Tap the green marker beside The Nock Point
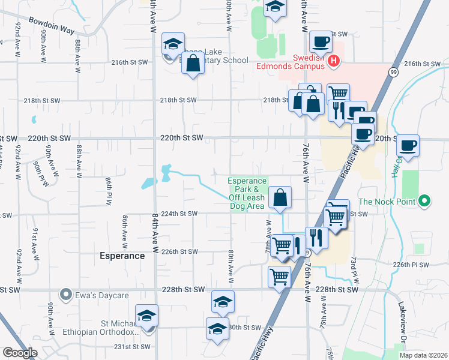[425, 200]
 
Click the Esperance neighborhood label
[122, 256]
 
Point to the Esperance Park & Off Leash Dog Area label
[247, 193]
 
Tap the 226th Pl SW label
[411, 265]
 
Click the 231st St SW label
[131, 347]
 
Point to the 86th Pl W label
[109, 187]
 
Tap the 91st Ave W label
[36, 239]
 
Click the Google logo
[20, 353]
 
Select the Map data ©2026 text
[423, 355]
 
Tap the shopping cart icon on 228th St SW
[280, 277]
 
